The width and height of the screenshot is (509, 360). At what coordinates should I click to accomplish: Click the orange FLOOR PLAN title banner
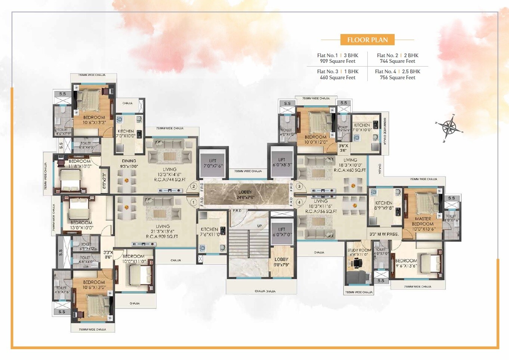pyautogui.click(x=367, y=40)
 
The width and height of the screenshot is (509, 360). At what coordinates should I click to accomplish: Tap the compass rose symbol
pyautogui.click(x=449, y=127)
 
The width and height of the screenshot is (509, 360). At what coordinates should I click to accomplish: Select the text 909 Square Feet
pyautogui.click(x=337, y=61)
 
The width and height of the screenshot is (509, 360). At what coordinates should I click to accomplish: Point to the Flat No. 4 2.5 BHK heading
pyautogui.click(x=398, y=71)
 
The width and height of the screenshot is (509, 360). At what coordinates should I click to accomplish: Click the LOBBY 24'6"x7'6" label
pyautogui.click(x=245, y=194)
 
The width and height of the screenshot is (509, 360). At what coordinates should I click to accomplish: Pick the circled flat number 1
pyautogui.click(x=194, y=202)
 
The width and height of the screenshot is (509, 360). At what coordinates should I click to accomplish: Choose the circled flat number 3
pyautogui.click(x=299, y=186)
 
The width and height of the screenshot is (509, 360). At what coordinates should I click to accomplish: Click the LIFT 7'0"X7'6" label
pyautogui.click(x=213, y=163)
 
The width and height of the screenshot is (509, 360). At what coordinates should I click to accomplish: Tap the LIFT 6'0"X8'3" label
pyautogui.click(x=282, y=162)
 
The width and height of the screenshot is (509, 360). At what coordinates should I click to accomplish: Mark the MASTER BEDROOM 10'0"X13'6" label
pyautogui.click(x=423, y=224)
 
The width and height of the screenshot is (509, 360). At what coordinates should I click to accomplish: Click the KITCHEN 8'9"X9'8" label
pyautogui.click(x=384, y=205)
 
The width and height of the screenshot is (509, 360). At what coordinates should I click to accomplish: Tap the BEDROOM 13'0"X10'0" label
pyautogui.click(x=81, y=225)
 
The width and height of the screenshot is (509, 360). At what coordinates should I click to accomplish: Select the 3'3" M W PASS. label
pyautogui.click(x=384, y=234)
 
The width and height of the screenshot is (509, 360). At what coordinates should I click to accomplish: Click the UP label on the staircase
pyautogui.click(x=259, y=226)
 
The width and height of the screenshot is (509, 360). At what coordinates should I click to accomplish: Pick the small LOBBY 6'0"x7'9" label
pyautogui.click(x=281, y=262)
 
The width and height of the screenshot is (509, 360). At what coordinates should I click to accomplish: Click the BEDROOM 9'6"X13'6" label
pyautogui.click(x=406, y=263)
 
